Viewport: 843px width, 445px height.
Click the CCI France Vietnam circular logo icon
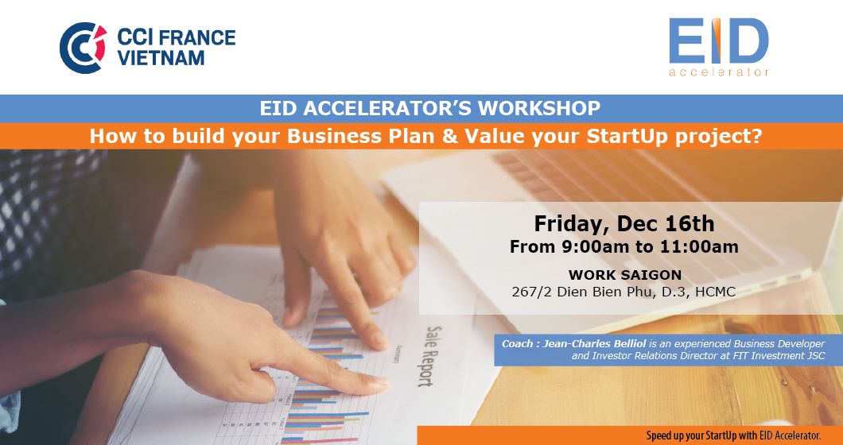coord(83,48)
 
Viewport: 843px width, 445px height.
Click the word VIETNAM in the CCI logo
coord(161,57)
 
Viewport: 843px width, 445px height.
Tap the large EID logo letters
coord(718,41)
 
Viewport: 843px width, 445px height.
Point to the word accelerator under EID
coord(719,72)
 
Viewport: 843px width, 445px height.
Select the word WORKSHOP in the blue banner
coord(539,109)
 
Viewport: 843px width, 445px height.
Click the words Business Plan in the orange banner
coord(360,136)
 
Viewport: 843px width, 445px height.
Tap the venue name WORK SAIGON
coord(625,275)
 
